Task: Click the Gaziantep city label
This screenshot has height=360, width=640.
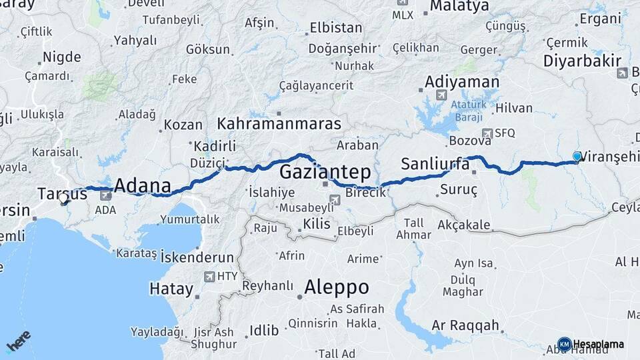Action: pyautogui.click(x=325, y=172)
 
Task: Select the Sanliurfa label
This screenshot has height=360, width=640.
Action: pyautogui.click(x=436, y=163)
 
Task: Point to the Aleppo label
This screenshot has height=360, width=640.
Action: pyautogui.click(x=336, y=287)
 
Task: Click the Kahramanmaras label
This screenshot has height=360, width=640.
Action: pyautogui.click(x=279, y=124)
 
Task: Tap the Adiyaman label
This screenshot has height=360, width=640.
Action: pyautogui.click(x=462, y=82)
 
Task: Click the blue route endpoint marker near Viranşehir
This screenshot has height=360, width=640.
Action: pyautogui.click(x=577, y=156)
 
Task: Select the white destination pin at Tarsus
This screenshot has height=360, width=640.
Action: pyautogui.click(x=63, y=198)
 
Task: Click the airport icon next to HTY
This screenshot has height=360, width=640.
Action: pyautogui.click(x=211, y=276)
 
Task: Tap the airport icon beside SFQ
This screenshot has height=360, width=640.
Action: pyautogui.click(x=487, y=133)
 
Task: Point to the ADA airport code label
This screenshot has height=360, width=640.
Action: pyautogui.click(x=105, y=210)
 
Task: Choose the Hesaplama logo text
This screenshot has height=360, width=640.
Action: pyautogui.click(x=598, y=344)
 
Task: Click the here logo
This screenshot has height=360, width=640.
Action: pyautogui.click(x=18, y=341)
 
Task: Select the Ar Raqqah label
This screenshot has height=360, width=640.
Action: pyautogui.click(x=465, y=325)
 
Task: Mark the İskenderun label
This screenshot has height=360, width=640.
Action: pyautogui.click(x=198, y=257)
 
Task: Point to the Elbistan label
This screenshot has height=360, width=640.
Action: pyautogui.click(x=336, y=28)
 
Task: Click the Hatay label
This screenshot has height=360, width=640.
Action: pyautogui.click(x=171, y=289)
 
